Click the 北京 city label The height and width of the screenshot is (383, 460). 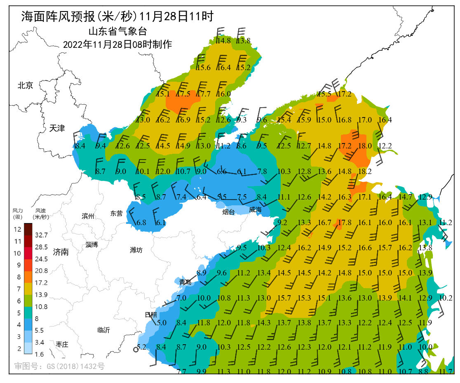pyautogui.click(x=25, y=85)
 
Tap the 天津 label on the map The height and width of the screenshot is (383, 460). pyautogui.click(x=57, y=128)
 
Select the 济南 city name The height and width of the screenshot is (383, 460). pyautogui.click(x=61, y=252)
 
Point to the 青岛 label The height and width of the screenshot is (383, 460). pyautogui.click(x=185, y=282)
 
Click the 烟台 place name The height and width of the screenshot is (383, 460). pyautogui.click(x=228, y=212)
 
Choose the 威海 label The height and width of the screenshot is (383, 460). pyautogui.click(x=255, y=210)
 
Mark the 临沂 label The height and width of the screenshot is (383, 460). pyautogui.click(x=103, y=330)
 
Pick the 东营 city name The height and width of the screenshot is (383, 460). pyautogui.click(x=116, y=213)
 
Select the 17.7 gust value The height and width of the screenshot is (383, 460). pyautogui.click(x=204, y=94)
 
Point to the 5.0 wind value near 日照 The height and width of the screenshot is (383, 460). pyautogui.click(x=162, y=323)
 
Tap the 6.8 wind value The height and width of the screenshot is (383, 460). pyautogui.click(x=141, y=222)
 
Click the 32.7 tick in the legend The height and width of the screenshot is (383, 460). pyautogui.click(x=42, y=235)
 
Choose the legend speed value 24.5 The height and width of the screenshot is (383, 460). pyautogui.click(x=42, y=259)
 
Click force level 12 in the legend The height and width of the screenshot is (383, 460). pyautogui.click(x=18, y=229)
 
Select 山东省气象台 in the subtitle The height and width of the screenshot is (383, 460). pyautogui.click(x=117, y=31)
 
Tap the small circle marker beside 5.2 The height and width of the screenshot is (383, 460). pyautogui.click(x=136, y=350)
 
